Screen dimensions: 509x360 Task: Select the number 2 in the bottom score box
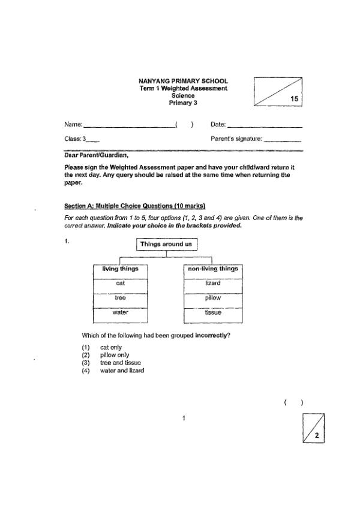click(x=316, y=435)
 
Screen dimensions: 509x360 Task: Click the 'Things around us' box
click(x=166, y=244)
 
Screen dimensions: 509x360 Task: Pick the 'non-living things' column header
click(x=213, y=269)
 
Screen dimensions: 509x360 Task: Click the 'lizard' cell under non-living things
click(x=213, y=283)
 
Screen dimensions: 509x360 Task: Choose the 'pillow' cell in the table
click(x=213, y=297)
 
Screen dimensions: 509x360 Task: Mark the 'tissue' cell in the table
click(x=213, y=312)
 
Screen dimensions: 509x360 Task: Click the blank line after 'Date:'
click(x=265, y=126)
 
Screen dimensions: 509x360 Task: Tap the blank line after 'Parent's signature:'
click(x=282, y=140)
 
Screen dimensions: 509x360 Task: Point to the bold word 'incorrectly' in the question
click(x=213, y=335)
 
